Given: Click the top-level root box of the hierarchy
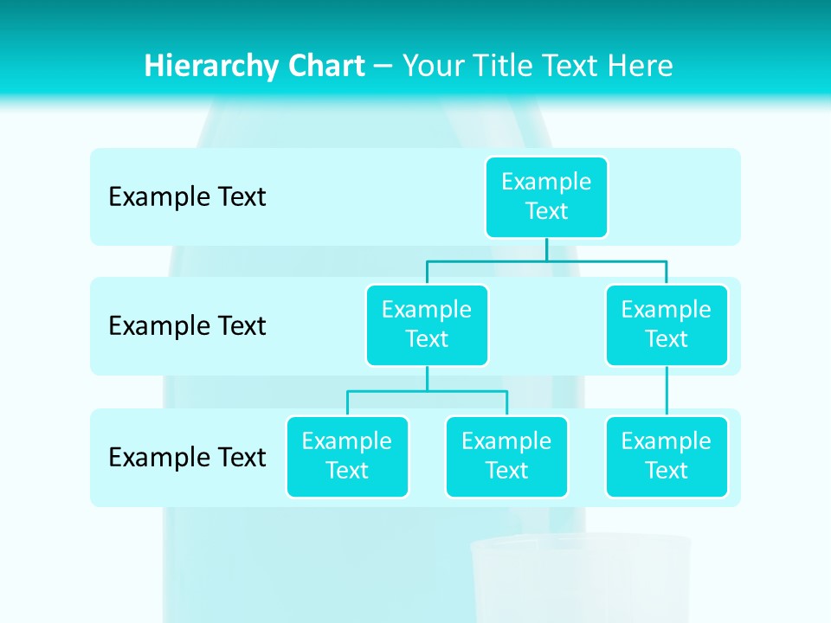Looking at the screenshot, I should (546, 196).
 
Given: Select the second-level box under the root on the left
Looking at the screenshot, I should (427, 324).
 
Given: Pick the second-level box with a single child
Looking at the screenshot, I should (667, 324).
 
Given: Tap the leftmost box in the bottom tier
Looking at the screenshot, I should (347, 456).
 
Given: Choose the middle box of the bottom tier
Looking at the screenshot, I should (506, 456).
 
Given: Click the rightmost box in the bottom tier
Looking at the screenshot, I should (667, 456).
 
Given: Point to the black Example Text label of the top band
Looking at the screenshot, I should (187, 197).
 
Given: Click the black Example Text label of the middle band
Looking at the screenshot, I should (187, 326).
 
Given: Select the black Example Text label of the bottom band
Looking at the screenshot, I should (187, 457).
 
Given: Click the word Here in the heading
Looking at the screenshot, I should (641, 66).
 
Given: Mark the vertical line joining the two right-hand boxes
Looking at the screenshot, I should (667, 391).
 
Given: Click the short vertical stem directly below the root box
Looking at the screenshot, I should (546, 249).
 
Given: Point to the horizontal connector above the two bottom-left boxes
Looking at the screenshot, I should (427, 391).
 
